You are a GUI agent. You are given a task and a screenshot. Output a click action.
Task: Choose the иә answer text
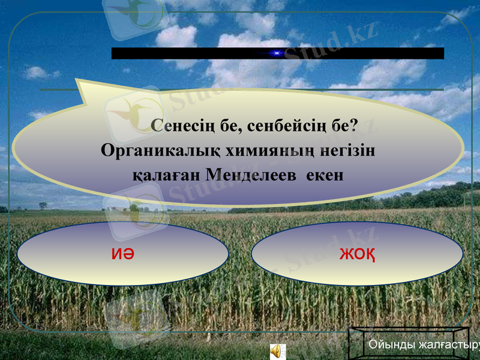pyautogui.click(x=122, y=254)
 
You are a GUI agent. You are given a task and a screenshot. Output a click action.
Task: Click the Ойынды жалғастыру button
pyautogui.click(x=420, y=345)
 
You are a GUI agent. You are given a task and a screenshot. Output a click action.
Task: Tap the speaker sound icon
pyautogui.click(x=277, y=350)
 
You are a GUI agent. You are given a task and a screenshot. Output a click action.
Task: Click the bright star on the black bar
pyautogui.click(x=276, y=53)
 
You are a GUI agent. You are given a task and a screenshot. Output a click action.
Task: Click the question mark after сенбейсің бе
pyautogui.click(x=353, y=127)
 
